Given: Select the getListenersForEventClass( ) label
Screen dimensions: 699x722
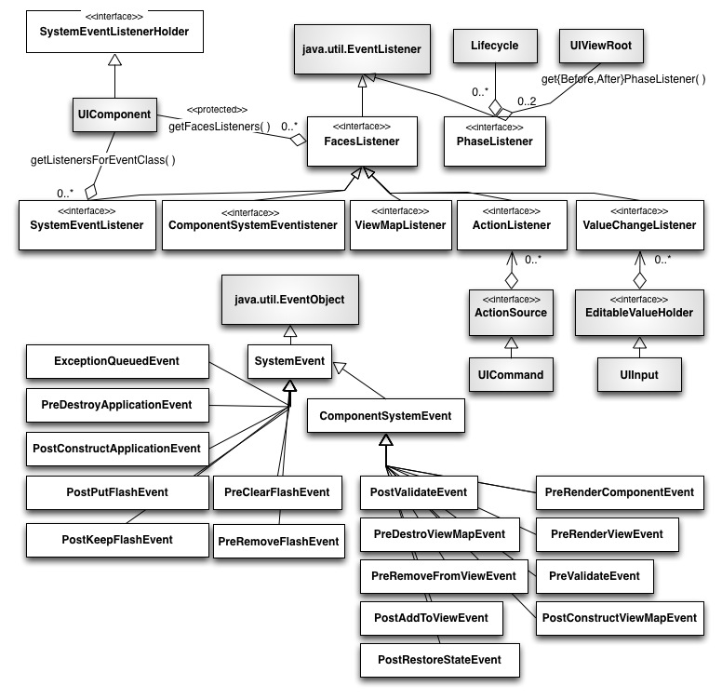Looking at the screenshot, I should [102, 159].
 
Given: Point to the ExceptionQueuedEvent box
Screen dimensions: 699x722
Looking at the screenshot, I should [116, 360].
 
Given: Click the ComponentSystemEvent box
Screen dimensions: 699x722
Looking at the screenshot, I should [385, 416].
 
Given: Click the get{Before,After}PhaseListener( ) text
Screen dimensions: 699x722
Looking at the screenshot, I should [623, 79].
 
